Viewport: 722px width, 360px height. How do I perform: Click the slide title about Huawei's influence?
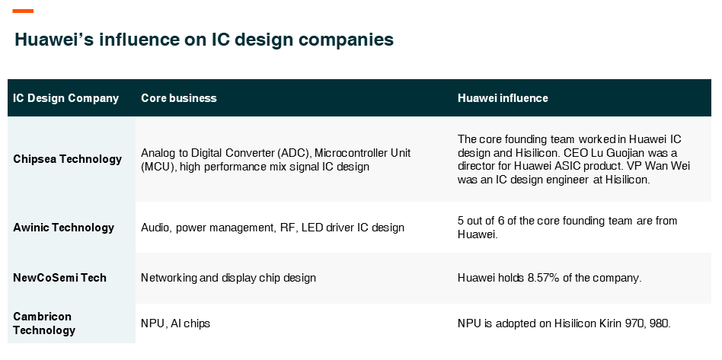click(204, 40)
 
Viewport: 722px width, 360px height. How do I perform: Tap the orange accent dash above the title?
click(23, 11)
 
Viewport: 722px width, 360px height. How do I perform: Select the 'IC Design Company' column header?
click(65, 98)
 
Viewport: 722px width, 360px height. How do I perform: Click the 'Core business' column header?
click(179, 98)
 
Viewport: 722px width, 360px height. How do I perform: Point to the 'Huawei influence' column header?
click(503, 98)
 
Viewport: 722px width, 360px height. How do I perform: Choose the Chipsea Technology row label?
click(67, 159)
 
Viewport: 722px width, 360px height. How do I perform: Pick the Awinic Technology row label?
click(63, 228)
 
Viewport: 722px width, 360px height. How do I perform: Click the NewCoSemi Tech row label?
click(60, 278)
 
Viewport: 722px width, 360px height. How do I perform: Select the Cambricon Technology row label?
click(44, 323)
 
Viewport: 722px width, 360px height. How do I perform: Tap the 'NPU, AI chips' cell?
click(175, 323)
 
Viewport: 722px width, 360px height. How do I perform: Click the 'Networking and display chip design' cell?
click(228, 278)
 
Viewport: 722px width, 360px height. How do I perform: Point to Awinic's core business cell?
click(273, 228)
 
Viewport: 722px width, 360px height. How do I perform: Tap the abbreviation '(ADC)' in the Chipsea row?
click(295, 153)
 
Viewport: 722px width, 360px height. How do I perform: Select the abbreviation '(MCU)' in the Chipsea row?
click(159, 167)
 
